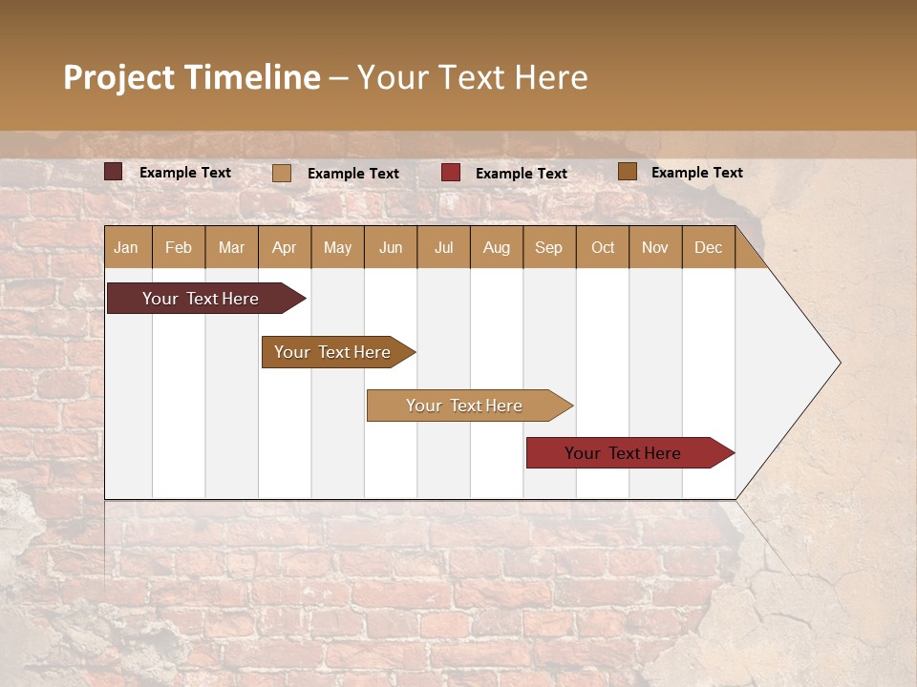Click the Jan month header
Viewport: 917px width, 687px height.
[x=126, y=248]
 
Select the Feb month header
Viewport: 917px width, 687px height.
[x=179, y=248]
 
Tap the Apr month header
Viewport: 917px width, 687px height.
[x=284, y=248]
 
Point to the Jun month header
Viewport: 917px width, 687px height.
[x=391, y=248]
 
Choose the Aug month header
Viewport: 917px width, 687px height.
[x=496, y=248]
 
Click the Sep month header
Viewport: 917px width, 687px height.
[x=548, y=248]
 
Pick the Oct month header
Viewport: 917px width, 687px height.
[x=603, y=248]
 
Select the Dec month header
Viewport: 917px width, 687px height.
[x=708, y=248]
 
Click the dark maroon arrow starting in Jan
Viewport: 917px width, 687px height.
[x=201, y=299]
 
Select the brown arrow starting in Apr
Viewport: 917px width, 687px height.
[x=332, y=352]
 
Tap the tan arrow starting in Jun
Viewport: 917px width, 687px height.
[x=464, y=406]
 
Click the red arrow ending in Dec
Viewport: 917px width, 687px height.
[x=623, y=453]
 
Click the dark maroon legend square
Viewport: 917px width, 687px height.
[x=114, y=172]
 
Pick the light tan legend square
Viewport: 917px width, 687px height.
[x=282, y=173]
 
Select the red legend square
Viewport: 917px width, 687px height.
[x=451, y=173]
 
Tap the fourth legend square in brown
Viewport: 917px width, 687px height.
[x=627, y=172]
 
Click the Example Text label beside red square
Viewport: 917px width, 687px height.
[x=522, y=174]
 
